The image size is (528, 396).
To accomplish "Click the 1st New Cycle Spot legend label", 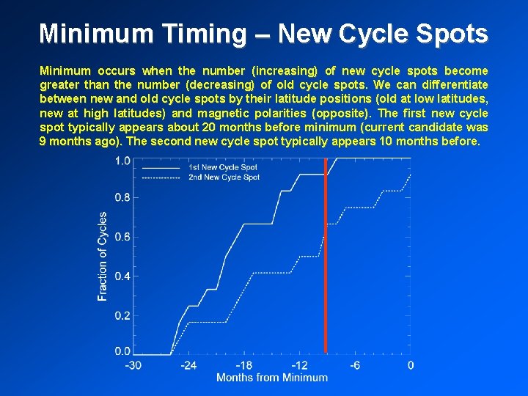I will click(223, 167).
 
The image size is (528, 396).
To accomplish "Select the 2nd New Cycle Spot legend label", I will click(224, 177).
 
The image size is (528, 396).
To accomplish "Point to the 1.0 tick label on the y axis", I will click(122, 161).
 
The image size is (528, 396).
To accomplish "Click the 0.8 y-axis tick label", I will click(122, 197).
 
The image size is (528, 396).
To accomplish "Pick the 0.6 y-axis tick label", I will click(122, 237).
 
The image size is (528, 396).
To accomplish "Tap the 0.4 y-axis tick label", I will click(122, 276).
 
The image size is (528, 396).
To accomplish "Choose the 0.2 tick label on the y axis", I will click(122, 316).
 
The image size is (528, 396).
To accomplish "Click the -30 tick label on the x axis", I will click(133, 365).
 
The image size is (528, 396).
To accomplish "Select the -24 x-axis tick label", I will click(188, 365).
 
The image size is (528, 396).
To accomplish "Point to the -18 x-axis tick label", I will click(243, 365).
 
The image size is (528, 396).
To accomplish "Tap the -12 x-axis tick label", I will click(299, 365).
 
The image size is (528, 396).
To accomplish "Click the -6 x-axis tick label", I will click(355, 365).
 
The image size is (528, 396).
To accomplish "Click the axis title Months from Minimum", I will click(272, 378).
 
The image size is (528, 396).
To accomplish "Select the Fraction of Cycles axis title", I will click(103, 256).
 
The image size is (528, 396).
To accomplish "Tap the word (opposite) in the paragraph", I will click(345, 113).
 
